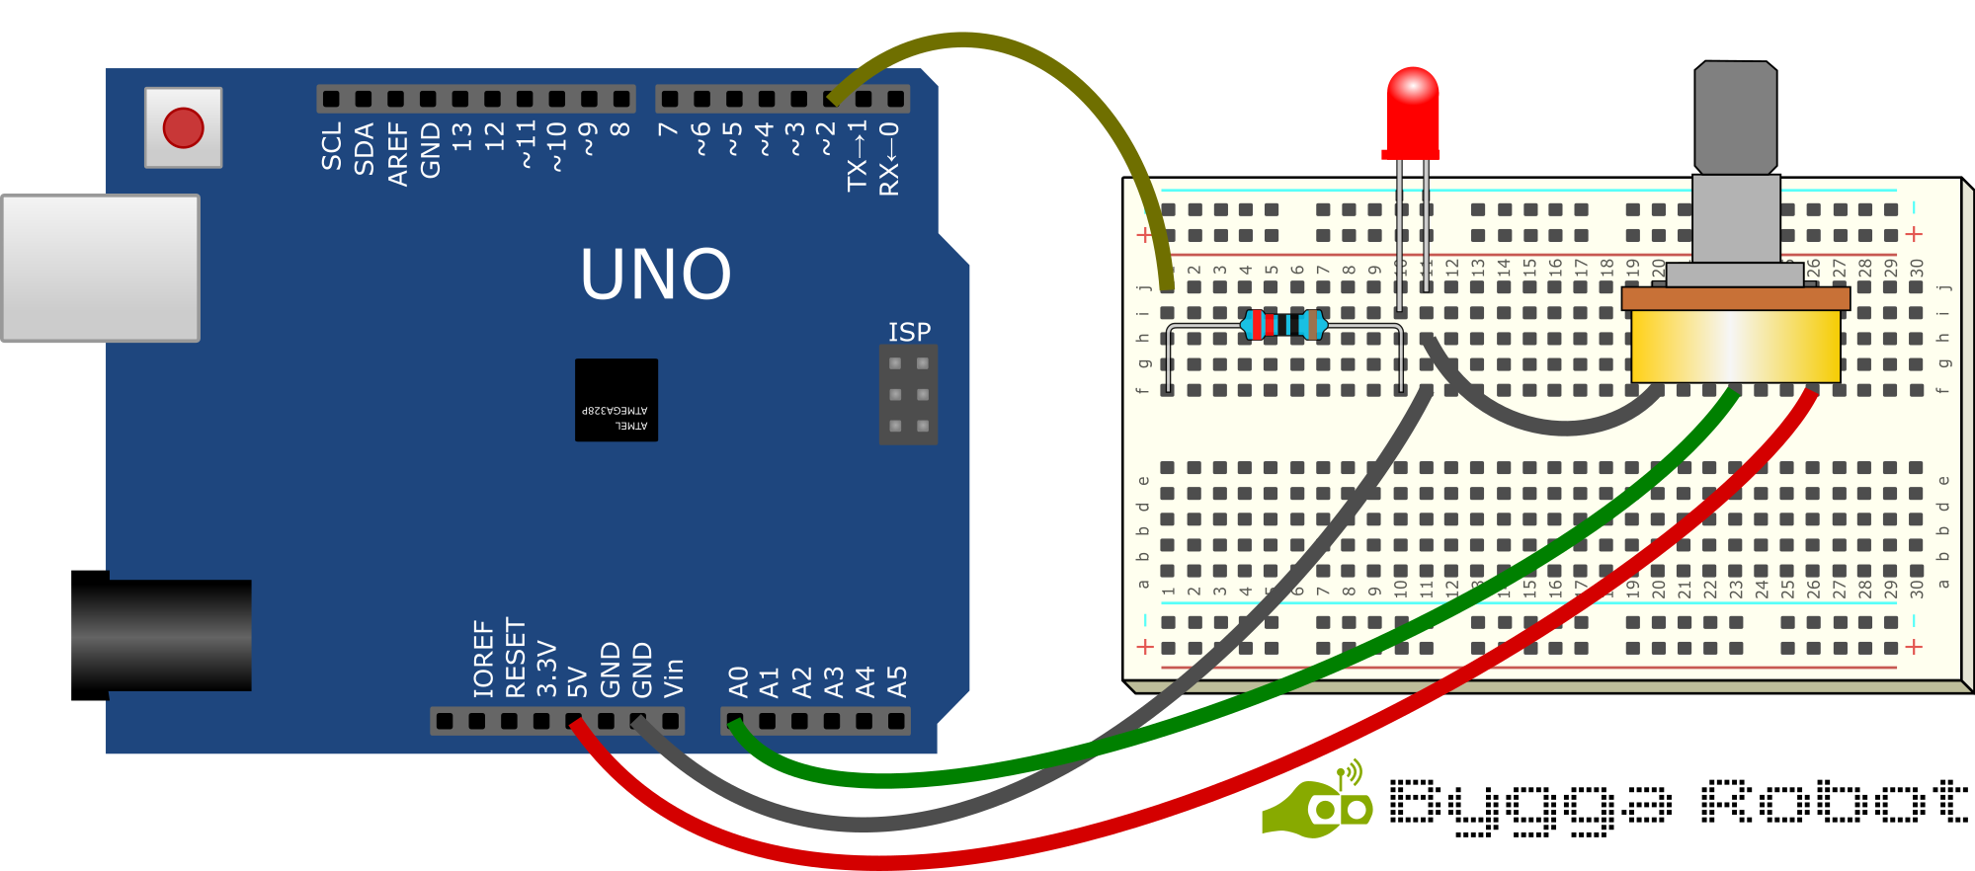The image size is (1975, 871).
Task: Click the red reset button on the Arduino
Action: point(183,127)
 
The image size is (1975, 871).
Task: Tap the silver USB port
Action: point(101,268)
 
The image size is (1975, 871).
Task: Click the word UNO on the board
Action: point(655,275)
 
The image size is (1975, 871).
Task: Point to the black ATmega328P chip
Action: point(617,399)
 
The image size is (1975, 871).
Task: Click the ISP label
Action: point(909,332)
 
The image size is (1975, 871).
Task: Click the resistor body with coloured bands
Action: point(1283,324)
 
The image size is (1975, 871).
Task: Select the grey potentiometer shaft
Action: point(1736,119)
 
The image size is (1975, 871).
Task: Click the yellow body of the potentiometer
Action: point(1735,346)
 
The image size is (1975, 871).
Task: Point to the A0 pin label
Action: point(738,681)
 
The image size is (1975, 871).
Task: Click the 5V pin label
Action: point(578,680)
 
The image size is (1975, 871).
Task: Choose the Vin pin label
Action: point(673,677)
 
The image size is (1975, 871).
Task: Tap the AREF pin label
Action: point(397,153)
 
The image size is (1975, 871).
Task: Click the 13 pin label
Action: point(461,136)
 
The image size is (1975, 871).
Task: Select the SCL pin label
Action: point(332,146)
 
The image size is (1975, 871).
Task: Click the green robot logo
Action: point(1319,805)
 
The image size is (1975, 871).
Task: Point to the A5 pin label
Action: point(896,681)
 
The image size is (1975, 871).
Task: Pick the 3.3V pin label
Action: point(546,669)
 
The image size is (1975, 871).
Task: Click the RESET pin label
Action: point(515,658)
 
